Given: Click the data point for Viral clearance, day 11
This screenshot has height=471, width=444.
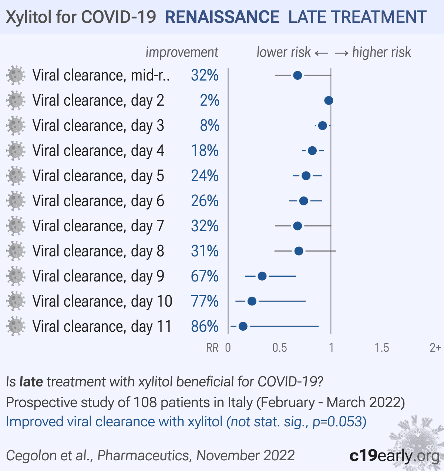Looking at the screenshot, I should (243, 327).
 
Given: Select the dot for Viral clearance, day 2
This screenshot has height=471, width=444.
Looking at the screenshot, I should (328, 100).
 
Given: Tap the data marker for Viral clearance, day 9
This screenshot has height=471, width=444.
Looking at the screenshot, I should (262, 276).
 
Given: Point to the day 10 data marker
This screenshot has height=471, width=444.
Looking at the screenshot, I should (252, 301).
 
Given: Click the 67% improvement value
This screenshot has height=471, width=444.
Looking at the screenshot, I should (205, 276).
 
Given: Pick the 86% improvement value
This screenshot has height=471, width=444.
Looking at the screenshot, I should (205, 327).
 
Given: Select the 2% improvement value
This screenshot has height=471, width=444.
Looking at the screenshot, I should (209, 100).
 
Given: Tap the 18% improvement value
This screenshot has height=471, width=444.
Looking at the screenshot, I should (205, 151).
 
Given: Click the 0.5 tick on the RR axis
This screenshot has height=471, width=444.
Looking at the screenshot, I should (279, 348).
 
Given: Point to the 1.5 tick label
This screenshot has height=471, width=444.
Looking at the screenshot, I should (381, 348).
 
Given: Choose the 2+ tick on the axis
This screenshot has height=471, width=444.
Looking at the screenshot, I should (435, 348).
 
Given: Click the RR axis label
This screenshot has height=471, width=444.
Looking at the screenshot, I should (212, 348).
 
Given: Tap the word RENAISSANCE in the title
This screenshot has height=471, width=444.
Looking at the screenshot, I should (222, 17).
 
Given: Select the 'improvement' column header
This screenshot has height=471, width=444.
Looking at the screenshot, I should (182, 52).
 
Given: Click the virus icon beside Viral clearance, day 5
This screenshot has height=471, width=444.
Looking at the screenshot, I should (16, 176).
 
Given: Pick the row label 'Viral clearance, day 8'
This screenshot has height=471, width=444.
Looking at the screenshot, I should (98, 251).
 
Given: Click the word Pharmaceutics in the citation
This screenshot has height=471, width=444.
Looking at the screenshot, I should (144, 455).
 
